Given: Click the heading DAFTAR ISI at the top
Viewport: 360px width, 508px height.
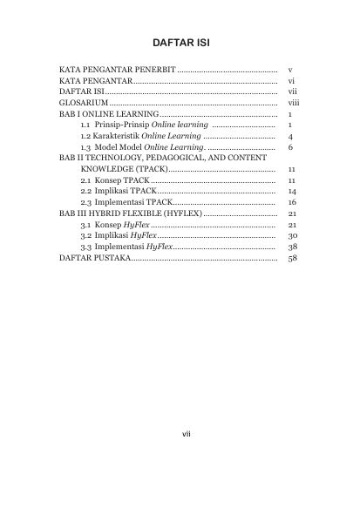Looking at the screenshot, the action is [180, 41].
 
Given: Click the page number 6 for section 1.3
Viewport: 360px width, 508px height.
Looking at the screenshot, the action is [289, 149].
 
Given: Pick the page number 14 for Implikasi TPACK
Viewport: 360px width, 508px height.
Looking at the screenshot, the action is [292, 191].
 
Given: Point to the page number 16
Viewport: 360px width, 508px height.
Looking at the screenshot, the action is [292, 202].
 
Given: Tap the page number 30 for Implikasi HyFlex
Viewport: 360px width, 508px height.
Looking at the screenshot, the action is [292, 236].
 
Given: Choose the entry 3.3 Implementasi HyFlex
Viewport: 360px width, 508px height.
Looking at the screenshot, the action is [121, 247].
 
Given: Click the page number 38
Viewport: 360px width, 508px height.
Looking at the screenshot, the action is [292, 247].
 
